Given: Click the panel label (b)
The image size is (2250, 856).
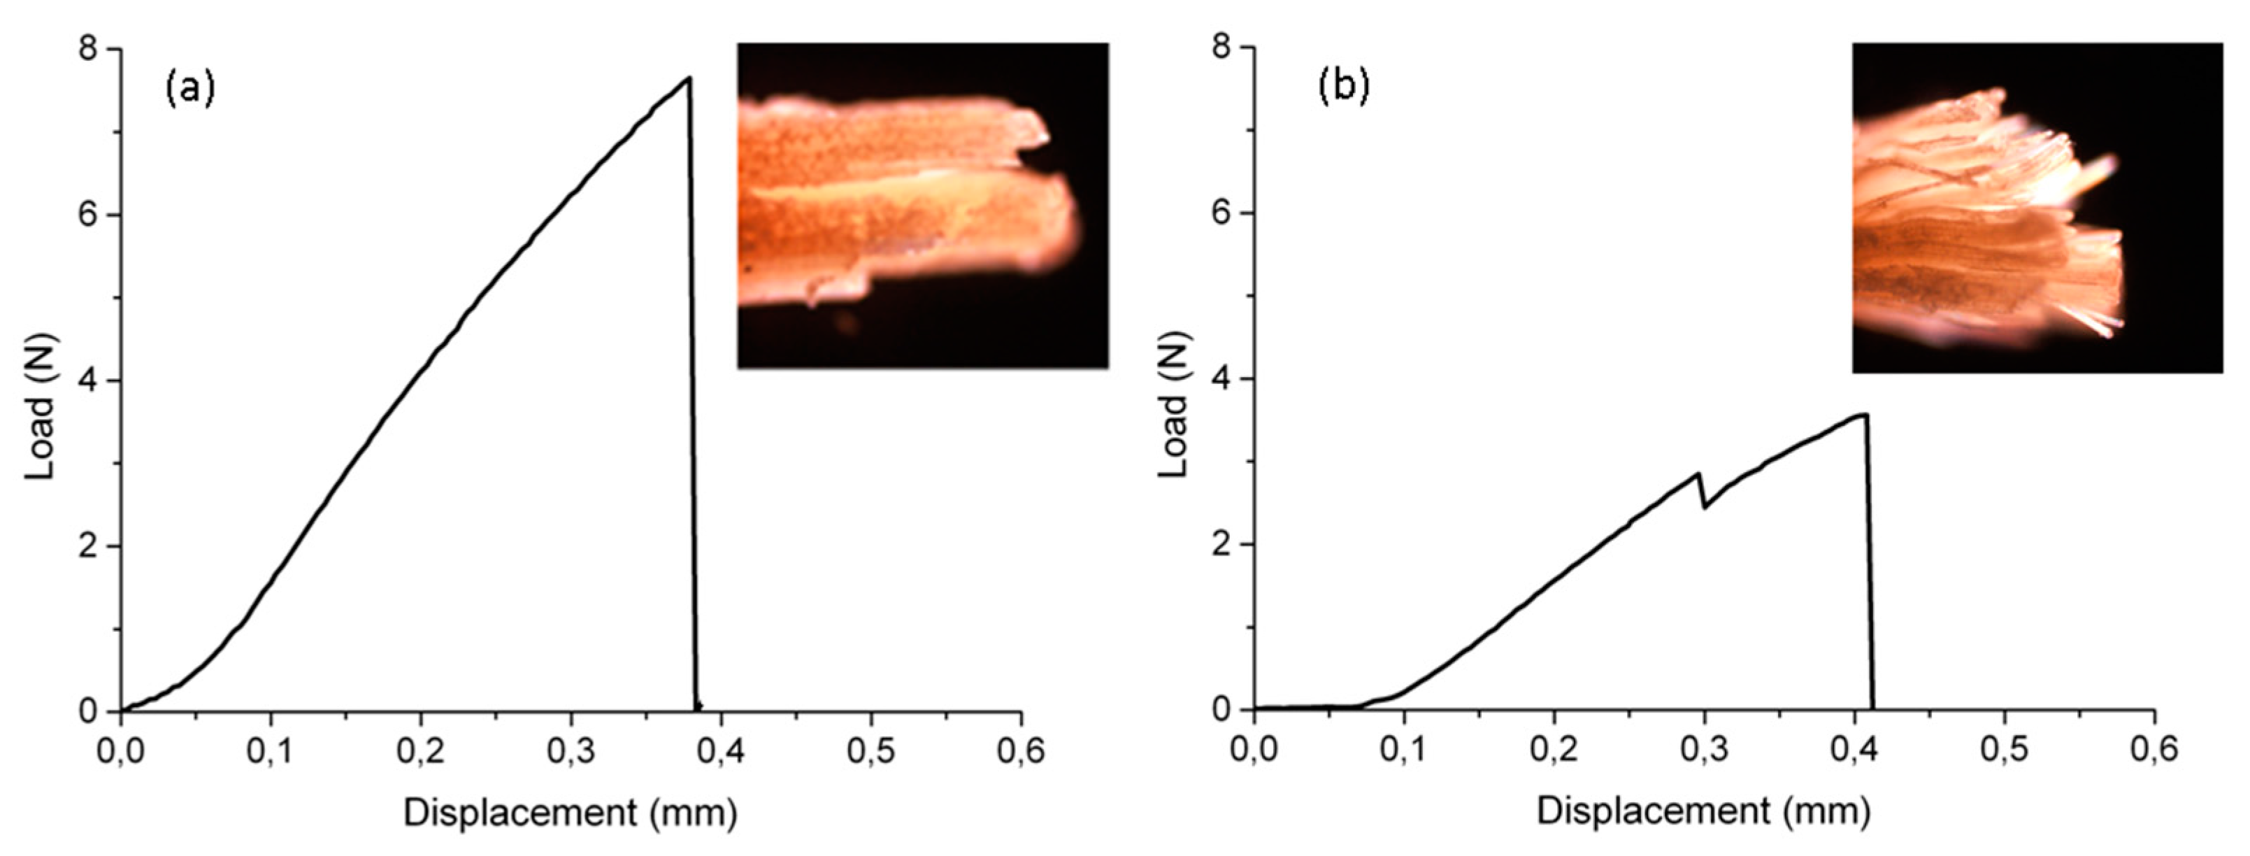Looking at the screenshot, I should (x=1343, y=88).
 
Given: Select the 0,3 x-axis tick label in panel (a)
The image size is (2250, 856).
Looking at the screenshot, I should (x=571, y=752).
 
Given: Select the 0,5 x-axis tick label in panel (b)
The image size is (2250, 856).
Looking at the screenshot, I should (x=2005, y=750).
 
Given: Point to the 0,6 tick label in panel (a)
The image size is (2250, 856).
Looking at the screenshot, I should (x=1020, y=752).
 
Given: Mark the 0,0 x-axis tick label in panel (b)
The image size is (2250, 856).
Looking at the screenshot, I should (x=1254, y=750).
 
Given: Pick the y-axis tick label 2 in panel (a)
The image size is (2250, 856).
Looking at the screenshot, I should (x=87, y=546).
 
